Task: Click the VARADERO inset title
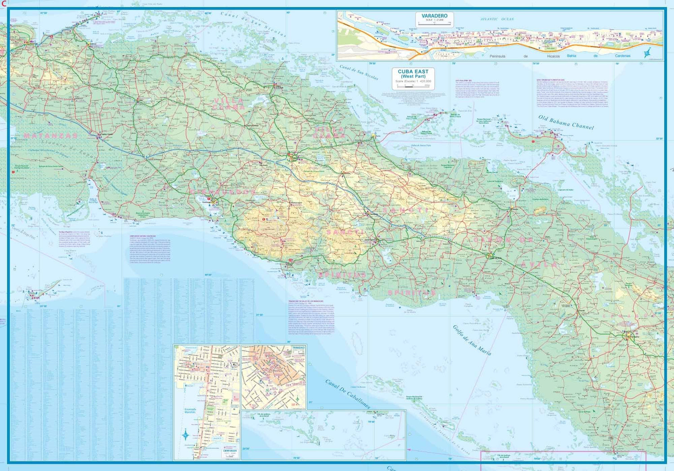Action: pyautogui.click(x=434, y=16)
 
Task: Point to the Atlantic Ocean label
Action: pyautogui.click(x=497, y=19)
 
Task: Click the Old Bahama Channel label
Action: pyautogui.click(x=566, y=122)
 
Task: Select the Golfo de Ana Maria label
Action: pyautogui.click(x=471, y=340)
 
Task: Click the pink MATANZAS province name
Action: pyautogui.click(x=50, y=135)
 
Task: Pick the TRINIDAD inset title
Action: pyautogui.click(x=298, y=348)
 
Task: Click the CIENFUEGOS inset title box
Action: pyautogui.click(x=230, y=452)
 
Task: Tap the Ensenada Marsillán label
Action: pyautogui.click(x=190, y=411)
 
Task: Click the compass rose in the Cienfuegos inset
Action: pyautogui.click(x=186, y=435)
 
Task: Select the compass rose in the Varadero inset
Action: pyautogui.click(x=647, y=52)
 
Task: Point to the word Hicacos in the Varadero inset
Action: pyautogui.click(x=553, y=57)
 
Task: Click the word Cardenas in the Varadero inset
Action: pyautogui.click(x=622, y=56)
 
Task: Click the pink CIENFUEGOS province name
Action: pyautogui.click(x=223, y=192)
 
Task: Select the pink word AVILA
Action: pyautogui.click(x=539, y=265)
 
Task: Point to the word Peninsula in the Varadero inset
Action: pyautogui.click(x=497, y=57)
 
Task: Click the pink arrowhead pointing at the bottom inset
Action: pyautogui.click(x=409, y=449)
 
